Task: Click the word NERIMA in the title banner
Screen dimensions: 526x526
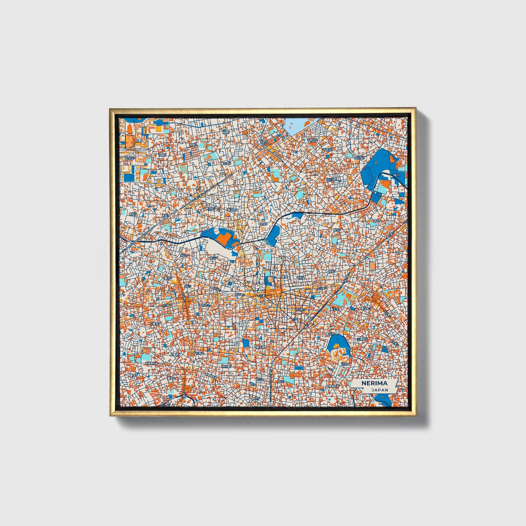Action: (375, 383)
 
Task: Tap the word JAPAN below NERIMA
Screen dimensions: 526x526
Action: (380, 390)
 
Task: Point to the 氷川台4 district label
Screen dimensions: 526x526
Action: (331, 179)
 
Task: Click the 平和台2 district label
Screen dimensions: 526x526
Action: (312, 140)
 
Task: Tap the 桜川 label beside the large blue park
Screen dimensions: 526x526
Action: (396, 175)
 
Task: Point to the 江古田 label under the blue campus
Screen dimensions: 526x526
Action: (344, 363)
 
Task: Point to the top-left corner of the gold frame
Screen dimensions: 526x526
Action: (110, 109)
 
